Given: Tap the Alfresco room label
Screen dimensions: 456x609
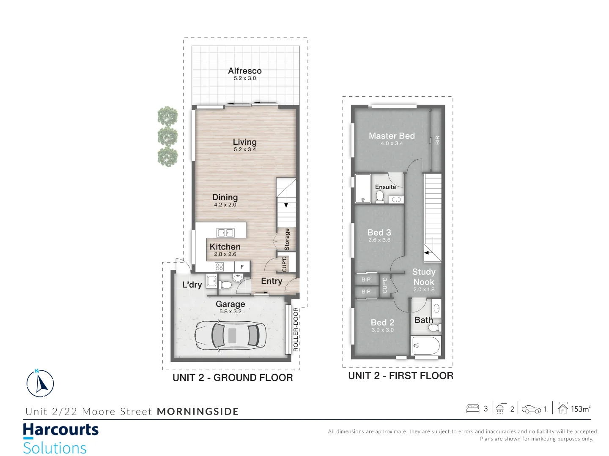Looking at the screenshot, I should (x=245, y=71).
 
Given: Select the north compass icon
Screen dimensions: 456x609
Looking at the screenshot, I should (x=40, y=383).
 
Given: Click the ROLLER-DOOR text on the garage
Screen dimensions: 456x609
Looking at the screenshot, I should (x=296, y=329).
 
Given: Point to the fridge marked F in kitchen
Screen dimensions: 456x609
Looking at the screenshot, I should (x=242, y=267).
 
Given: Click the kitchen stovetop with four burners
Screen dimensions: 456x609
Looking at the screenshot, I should (x=219, y=266).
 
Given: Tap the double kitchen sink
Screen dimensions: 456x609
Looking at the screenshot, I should (x=225, y=233).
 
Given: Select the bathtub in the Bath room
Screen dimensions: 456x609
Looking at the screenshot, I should (x=426, y=346).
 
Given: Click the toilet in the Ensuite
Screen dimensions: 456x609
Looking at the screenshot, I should (x=380, y=196).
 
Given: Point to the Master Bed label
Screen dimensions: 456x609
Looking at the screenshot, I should (x=392, y=136).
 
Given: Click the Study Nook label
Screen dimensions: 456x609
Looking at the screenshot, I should (x=424, y=277).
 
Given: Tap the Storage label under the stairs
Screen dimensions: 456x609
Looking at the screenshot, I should (x=287, y=239).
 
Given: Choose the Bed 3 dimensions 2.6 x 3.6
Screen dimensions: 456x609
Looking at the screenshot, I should (x=379, y=240).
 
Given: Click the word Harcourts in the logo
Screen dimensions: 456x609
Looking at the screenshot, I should (x=60, y=430).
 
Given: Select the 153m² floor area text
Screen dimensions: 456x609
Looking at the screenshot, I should (x=580, y=409).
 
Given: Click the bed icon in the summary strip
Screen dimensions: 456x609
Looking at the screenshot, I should (x=472, y=408).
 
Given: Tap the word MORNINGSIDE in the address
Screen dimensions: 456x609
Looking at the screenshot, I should (x=198, y=412).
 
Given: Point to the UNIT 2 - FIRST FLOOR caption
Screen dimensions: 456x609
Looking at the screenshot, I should (x=401, y=376).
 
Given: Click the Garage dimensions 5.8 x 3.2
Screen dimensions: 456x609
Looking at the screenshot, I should (x=230, y=312).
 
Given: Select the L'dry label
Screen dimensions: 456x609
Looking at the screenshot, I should (x=192, y=285).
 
